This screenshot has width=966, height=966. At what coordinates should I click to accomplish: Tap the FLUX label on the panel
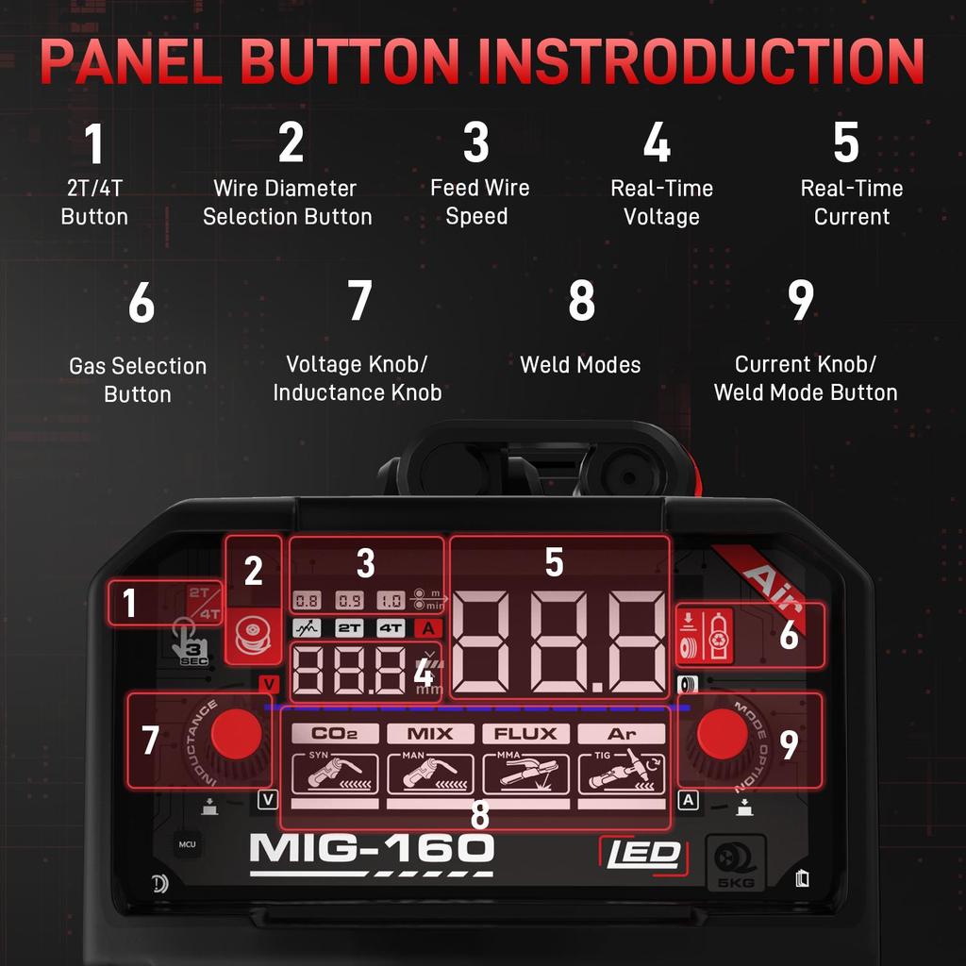pos(525,733)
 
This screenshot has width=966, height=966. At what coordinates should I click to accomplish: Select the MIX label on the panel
pos(429,733)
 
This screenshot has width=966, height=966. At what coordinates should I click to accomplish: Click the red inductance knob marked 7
pos(235,734)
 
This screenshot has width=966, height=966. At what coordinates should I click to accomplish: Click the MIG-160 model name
pos(372,848)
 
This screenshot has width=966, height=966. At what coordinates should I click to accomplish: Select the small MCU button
pos(187,843)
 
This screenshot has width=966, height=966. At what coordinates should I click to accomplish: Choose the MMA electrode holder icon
pos(525,773)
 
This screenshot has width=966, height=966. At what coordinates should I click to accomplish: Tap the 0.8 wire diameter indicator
pos(308,600)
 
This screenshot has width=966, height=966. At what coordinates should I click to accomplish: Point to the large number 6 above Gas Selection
pos(141,304)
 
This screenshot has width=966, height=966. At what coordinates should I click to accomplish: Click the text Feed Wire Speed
pos(479,202)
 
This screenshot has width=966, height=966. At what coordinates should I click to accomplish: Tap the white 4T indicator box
pos(391,627)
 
